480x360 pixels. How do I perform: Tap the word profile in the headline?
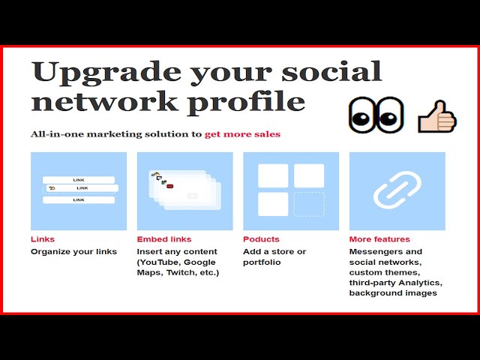coord(246,102)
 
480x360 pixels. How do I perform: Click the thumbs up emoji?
coord(437,117)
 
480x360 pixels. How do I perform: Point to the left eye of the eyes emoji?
coord(361,115)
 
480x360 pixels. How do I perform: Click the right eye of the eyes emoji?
coord(390,115)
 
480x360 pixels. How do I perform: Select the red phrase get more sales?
coord(242,134)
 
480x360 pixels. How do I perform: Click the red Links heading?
coord(43,239)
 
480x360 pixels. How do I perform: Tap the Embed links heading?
coord(164,239)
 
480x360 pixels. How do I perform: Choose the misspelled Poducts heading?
coord(261,239)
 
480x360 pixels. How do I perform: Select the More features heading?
coord(379,239)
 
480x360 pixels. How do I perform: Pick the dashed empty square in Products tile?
coord(309,204)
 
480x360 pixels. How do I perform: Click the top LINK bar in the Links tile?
coord(79,180)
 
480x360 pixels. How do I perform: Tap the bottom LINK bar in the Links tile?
coord(79,200)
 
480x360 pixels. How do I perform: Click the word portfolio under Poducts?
coord(262,262)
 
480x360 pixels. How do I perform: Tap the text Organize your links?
coord(73,252)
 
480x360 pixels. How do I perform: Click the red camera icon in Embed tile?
coord(170,186)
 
